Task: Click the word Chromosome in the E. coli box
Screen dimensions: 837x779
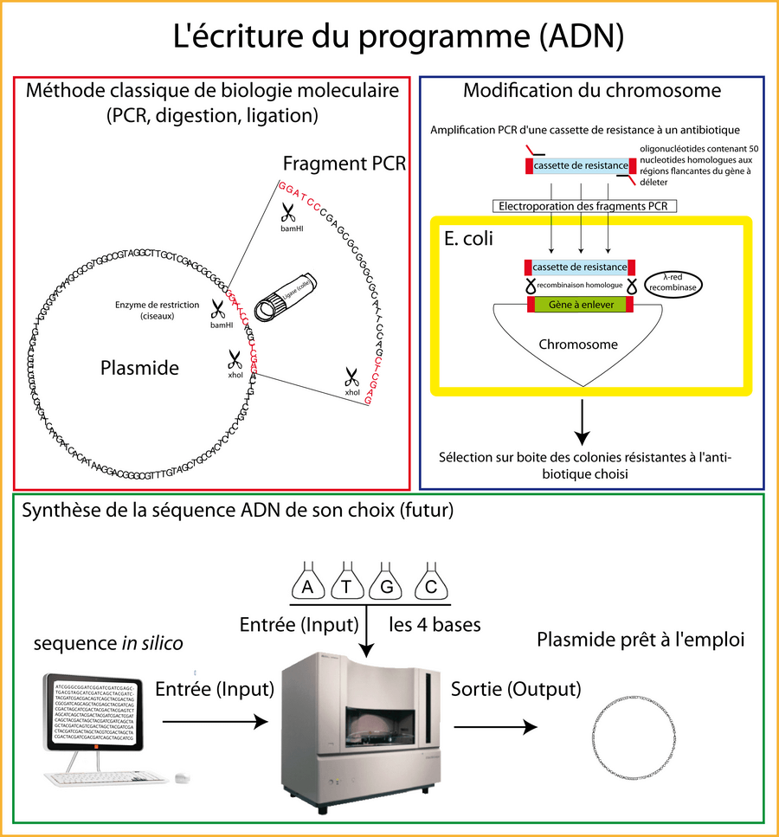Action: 578,344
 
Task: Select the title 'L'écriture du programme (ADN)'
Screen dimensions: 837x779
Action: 389,38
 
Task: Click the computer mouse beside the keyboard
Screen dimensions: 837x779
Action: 182,778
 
